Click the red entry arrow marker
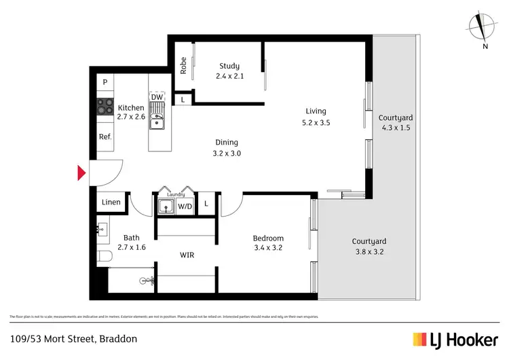[x=81, y=173]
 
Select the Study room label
[x=229, y=66]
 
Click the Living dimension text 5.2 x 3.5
[x=316, y=123]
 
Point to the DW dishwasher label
[x=157, y=97]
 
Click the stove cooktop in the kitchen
[x=105, y=106]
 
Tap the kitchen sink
[x=157, y=122]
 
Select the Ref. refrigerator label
[x=105, y=137]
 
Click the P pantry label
[x=105, y=82]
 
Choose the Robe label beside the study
[x=183, y=65]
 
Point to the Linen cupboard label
[x=111, y=202]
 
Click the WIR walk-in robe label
[x=188, y=255]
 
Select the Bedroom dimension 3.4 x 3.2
[x=268, y=249]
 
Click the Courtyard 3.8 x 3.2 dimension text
[x=369, y=252]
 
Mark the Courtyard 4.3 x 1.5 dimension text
[x=395, y=128]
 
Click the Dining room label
[x=227, y=143]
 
